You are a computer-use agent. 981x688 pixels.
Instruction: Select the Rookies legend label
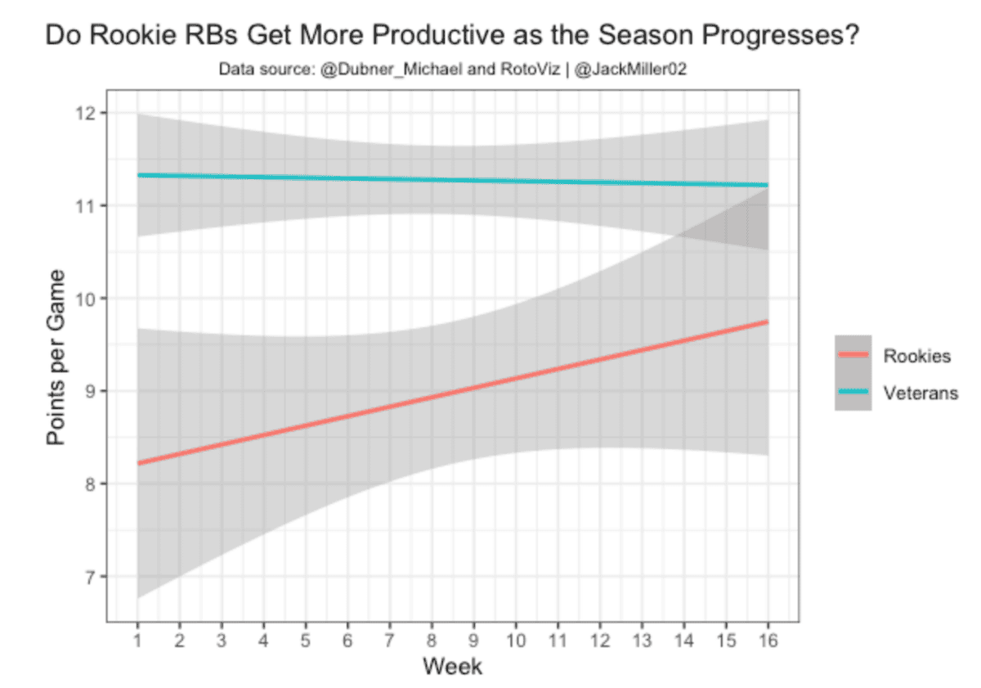pyautogui.click(x=916, y=356)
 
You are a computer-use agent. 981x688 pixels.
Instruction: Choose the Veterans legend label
pyautogui.click(x=921, y=393)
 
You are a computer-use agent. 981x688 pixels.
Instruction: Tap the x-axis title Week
pyautogui.click(x=452, y=667)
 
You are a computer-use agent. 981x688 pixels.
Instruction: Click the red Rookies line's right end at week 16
pyautogui.click(x=766, y=322)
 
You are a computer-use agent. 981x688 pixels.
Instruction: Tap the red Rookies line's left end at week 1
pyautogui.click(x=138, y=463)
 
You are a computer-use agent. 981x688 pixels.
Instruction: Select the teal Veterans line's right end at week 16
pyautogui.click(x=766, y=185)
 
